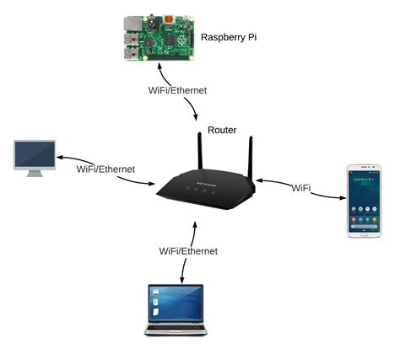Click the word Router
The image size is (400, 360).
(222, 130)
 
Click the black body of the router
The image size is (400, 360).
(202, 193)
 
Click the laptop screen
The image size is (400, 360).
(176, 301)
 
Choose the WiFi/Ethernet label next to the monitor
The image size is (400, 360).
(105, 169)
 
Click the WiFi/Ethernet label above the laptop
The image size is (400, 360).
(188, 250)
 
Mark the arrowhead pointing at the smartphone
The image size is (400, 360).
(343, 199)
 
